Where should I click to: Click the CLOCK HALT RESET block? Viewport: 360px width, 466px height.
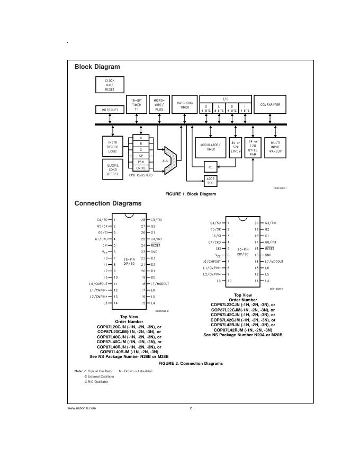coord(110,85)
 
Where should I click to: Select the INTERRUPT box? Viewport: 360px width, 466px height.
coord(110,110)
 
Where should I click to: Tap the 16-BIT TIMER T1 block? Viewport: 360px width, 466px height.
coord(137,105)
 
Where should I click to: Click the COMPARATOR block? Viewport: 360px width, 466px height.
coord(270,105)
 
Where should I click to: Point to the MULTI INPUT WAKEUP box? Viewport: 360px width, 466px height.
coord(275,147)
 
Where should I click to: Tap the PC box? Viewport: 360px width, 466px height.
coord(211,167)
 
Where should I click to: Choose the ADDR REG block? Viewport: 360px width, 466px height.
coord(211,181)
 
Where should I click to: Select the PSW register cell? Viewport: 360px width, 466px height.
coord(141,162)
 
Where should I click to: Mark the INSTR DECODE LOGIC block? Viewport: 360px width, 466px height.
coord(112,147)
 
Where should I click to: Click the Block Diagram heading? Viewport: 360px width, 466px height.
coord(97,67)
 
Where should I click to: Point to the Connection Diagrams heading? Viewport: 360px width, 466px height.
coord(108,203)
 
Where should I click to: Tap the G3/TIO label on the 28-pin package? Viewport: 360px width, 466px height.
coord(157,219)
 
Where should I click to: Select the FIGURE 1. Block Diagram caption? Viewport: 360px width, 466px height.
coord(191,194)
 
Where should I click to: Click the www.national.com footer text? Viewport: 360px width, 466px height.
coord(82,408)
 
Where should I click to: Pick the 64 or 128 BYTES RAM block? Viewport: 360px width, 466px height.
coord(253,147)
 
